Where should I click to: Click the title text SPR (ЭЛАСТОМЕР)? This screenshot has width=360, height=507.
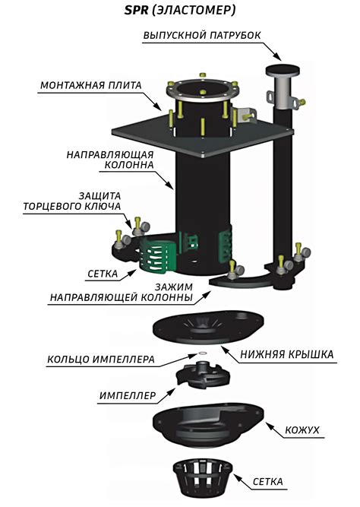pos(180,11)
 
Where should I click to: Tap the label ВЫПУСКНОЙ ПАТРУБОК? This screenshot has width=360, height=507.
pos(202,35)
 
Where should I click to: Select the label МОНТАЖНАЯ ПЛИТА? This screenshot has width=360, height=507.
pos(91,85)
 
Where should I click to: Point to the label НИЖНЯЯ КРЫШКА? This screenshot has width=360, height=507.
pos(287,354)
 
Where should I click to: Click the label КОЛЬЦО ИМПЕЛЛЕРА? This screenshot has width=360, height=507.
pos(101,360)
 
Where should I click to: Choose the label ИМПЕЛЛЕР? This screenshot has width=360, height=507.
pos(128,395)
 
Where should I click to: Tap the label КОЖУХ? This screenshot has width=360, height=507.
pos(302,430)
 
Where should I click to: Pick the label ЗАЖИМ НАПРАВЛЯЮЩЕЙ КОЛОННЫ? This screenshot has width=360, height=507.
pos(122,292)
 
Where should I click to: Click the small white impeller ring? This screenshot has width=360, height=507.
pos(203,353)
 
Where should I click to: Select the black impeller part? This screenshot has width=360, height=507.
pos(203,375)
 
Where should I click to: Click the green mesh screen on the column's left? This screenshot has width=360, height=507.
pos(157,254)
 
